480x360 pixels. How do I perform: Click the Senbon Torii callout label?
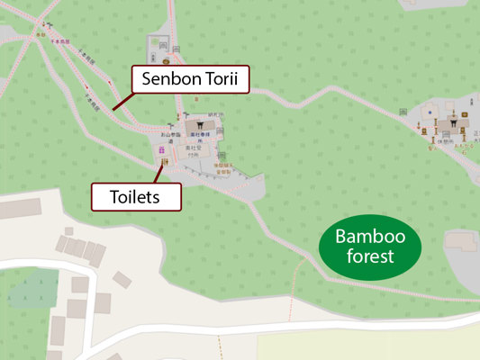point(190,79)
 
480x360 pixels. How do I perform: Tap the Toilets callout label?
point(137,196)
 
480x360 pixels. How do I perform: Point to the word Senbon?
point(170,79)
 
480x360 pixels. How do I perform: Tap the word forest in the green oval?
point(370,257)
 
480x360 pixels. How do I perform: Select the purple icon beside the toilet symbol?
point(161,150)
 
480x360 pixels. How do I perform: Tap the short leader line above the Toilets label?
point(159,174)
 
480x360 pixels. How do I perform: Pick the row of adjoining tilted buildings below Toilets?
point(79,248)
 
